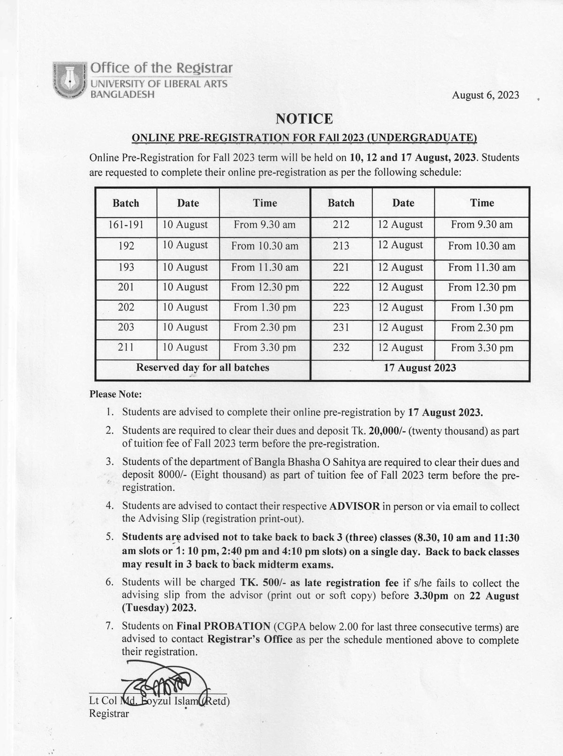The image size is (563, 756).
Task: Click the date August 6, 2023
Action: click(485, 95)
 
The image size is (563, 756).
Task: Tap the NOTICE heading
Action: click(304, 119)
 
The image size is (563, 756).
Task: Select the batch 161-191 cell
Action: click(126, 224)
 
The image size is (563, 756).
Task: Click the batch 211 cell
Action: click(126, 347)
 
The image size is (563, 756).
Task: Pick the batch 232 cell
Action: click(341, 348)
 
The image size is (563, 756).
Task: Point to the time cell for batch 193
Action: click(265, 267)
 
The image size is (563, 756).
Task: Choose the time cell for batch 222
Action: click(482, 287)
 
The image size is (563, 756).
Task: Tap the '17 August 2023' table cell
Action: click(420, 368)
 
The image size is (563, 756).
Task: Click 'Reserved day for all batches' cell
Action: click(203, 367)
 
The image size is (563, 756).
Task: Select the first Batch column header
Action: click(126, 203)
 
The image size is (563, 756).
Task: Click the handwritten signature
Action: click(162, 681)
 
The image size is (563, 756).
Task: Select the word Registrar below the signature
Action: click(109, 713)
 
